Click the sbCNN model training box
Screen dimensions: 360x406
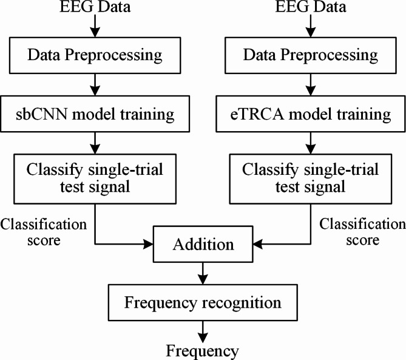point(95,114)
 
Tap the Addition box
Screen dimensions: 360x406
point(203,245)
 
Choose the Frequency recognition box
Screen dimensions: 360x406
point(203,302)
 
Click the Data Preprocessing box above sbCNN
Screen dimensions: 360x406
point(95,56)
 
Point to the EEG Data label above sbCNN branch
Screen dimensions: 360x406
point(95,8)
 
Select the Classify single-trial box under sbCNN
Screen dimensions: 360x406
point(95,178)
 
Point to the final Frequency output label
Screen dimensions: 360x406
point(203,351)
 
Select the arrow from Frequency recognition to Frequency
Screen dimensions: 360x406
point(203,331)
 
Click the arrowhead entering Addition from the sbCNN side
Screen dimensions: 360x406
point(148,245)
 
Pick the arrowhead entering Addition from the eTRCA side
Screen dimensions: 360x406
point(257,245)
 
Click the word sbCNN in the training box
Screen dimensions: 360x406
point(43,114)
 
